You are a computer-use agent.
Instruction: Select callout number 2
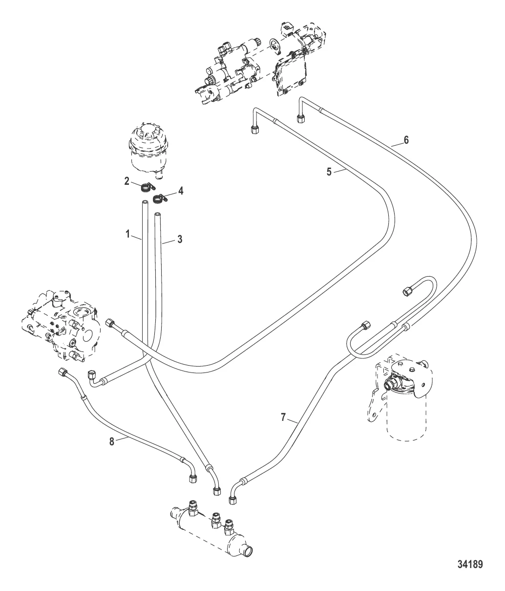[126, 181]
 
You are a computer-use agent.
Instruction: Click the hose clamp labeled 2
[145, 186]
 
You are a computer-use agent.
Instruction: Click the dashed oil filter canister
[405, 416]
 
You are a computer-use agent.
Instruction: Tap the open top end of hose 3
[157, 214]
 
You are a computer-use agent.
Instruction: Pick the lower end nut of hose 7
[233, 500]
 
